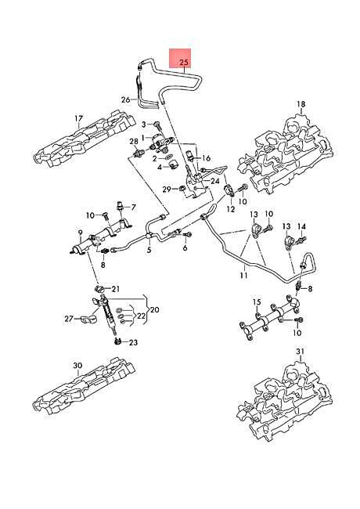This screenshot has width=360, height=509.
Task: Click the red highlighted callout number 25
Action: tap(184, 60)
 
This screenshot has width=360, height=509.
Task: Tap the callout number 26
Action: tap(125, 99)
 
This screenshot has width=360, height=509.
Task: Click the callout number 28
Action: tap(133, 142)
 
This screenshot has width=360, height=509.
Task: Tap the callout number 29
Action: tap(167, 189)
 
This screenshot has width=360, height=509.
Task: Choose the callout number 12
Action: tap(231, 210)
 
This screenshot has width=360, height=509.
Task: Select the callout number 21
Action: tap(116, 289)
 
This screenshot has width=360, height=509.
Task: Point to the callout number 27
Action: tap(69, 319)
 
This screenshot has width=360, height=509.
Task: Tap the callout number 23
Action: tap(133, 342)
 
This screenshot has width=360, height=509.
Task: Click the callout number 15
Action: tap(256, 301)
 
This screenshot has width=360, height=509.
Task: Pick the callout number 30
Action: tap(77, 366)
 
